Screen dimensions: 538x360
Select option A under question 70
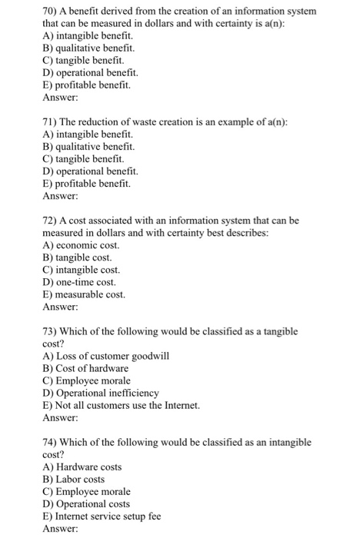[x=87, y=36]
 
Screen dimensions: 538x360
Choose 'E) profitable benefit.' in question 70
[x=86, y=85]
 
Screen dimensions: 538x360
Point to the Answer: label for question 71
[x=60, y=195]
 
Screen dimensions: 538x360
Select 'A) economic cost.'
[x=81, y=245]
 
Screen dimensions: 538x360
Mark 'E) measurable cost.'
[x=84, y=294]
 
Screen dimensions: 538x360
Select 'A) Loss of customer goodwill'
[x=105, y=356]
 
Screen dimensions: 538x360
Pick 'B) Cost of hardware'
[x=85, y=368]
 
